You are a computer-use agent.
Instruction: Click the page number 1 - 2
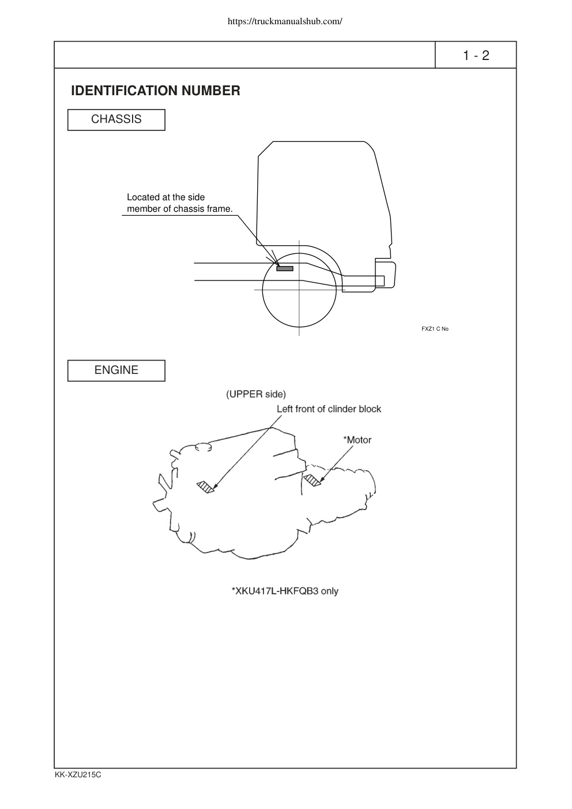[476, 55]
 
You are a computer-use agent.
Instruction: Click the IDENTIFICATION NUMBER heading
[156, 91]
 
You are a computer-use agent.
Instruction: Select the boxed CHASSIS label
[116, 119]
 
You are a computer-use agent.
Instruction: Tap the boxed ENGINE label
[116, 370]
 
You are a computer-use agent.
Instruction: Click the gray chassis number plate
[285, 268]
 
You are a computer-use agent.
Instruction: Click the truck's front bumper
[385, 275]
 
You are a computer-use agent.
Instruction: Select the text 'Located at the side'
[165, 197]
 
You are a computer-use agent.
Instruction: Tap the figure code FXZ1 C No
[435, 329]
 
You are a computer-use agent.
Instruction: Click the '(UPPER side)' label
[256, 394]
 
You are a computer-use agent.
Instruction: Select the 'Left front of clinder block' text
[329, 409]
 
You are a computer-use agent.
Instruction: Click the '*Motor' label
[357, 440]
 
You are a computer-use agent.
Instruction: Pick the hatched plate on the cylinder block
[205, 487]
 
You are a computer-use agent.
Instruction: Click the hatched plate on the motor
[312, 481]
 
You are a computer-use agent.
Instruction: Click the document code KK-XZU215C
[78, 775]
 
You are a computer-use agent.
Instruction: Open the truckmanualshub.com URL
[285, 21]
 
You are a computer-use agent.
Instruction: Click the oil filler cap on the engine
[203, 447]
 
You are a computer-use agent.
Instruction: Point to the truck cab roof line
[318, 141]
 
